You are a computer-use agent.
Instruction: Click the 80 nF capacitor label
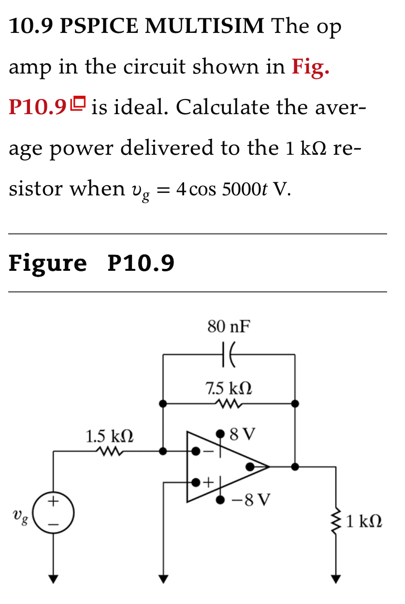[x=229, y=327]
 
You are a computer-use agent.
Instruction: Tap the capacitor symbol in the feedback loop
[x=229, y=354]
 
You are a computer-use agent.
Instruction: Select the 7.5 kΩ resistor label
[x=229, y=388]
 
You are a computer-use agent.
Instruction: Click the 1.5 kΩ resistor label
[x=110, y=437]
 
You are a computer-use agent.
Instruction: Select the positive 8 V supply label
[x=243, y=432]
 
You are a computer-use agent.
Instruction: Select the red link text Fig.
[x=310, y=67]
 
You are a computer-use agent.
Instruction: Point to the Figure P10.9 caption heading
[x=92, y=264]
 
